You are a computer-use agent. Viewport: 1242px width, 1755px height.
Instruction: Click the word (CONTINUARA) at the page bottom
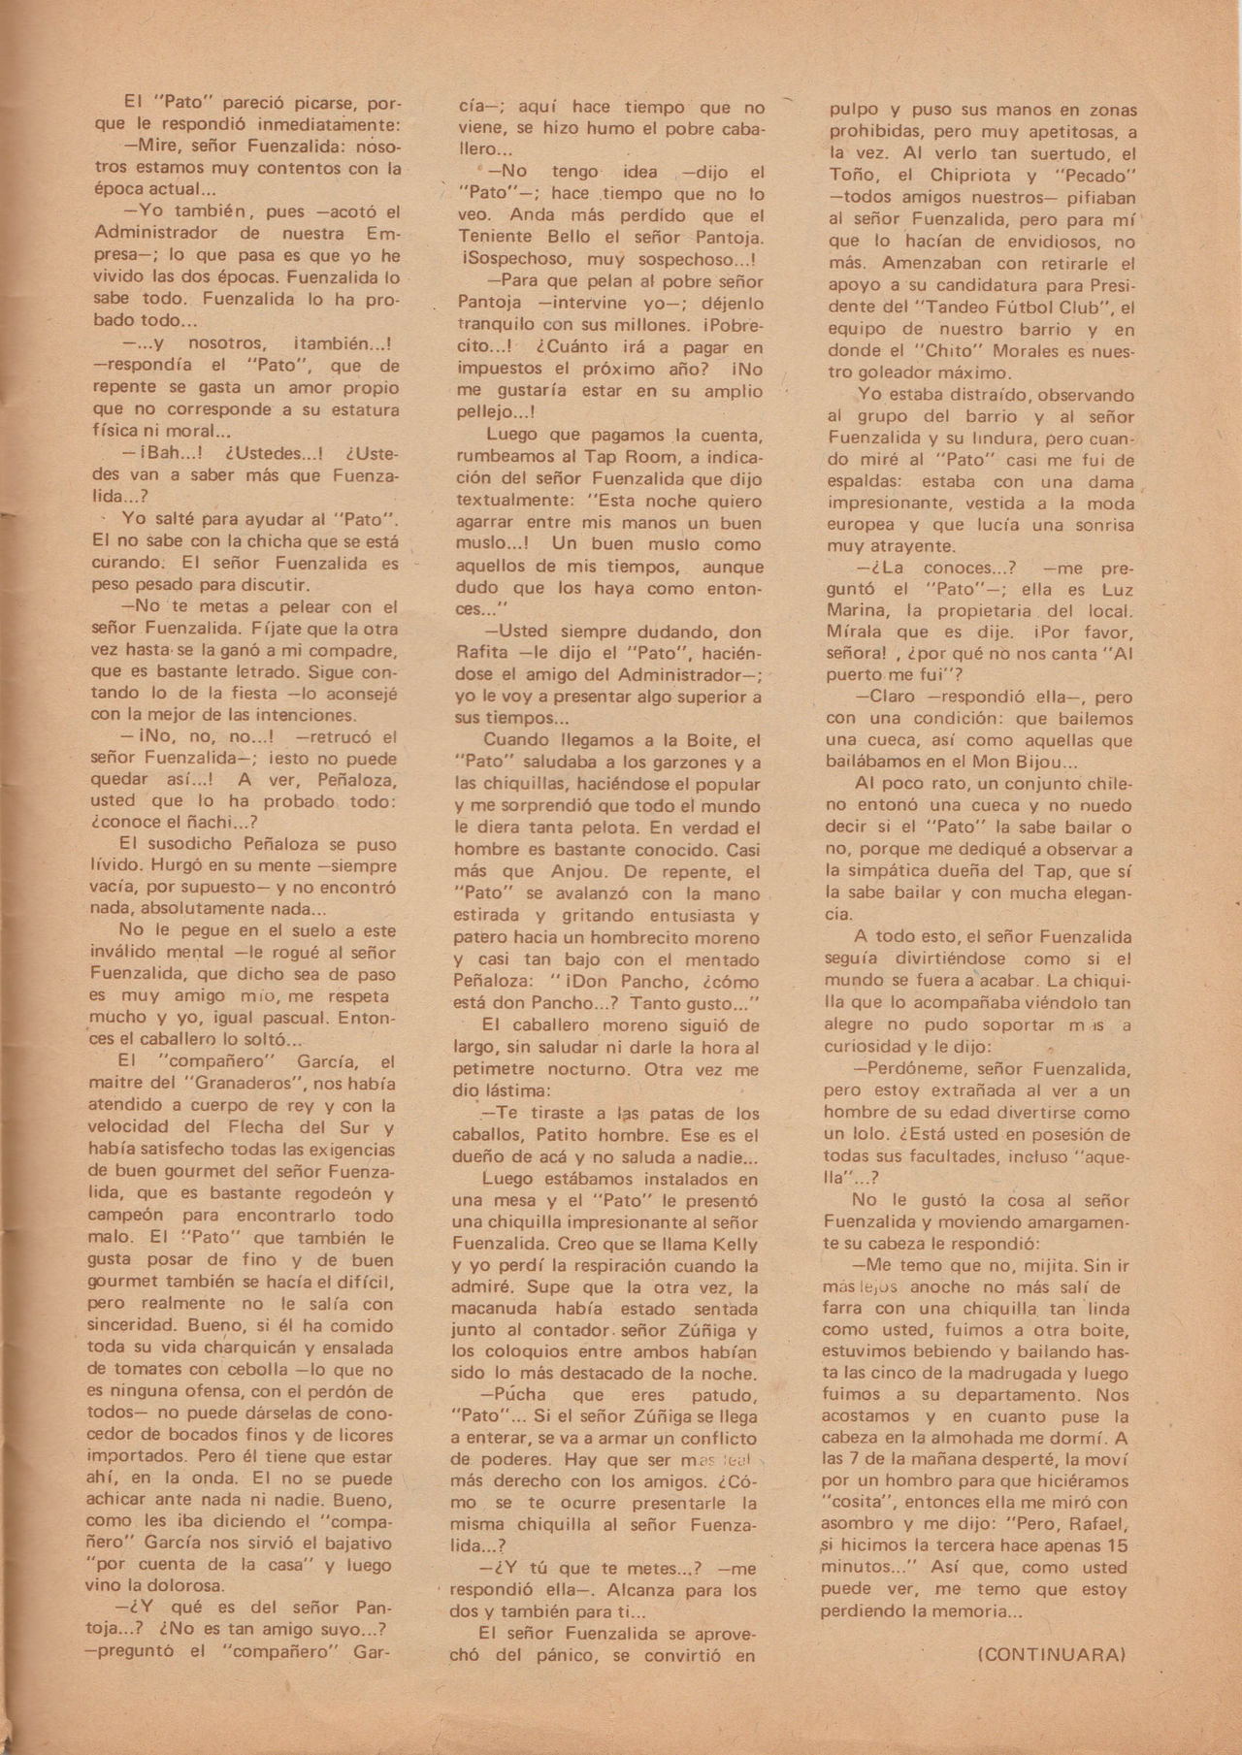(x=1047, y=1655)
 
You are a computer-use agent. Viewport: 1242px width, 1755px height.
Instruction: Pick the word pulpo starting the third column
(x=850, y=110)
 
